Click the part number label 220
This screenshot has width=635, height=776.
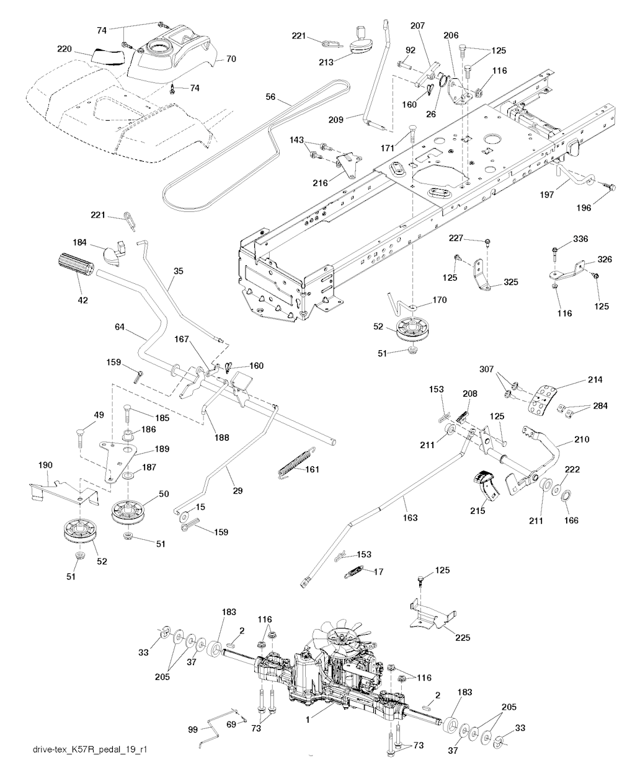click(65, 48)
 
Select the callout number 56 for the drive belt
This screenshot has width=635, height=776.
click(270, 97)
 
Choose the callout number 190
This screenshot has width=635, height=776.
click(45, 465)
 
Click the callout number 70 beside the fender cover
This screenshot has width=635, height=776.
click(231, 60)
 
